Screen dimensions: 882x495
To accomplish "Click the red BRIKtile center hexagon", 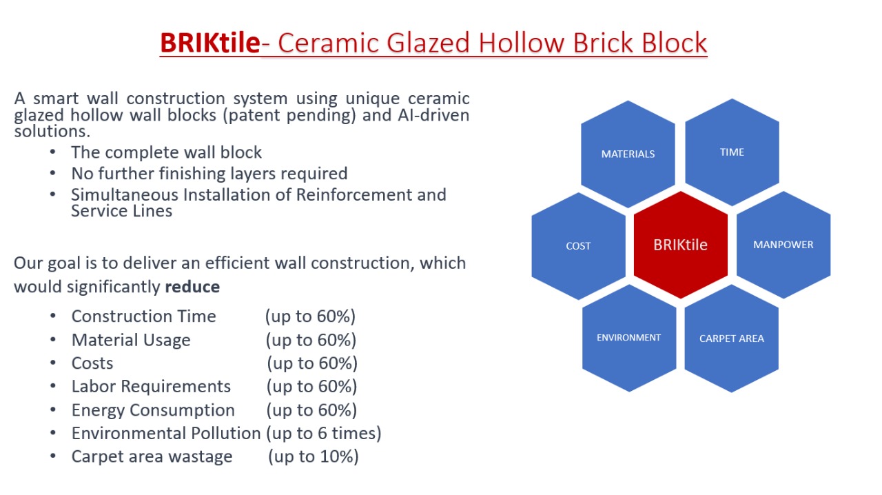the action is point(680,245).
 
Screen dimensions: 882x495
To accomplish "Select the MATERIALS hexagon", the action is point(628,154).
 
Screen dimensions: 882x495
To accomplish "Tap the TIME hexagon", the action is point(732,152).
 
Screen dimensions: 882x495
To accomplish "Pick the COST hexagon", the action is point(578,246).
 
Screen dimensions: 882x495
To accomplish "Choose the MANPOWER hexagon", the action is point(783,245).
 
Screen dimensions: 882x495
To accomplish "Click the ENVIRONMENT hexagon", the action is point(629,338).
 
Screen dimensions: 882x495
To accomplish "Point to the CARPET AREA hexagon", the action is point(732,339).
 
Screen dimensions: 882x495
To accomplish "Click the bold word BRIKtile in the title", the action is point(210,43).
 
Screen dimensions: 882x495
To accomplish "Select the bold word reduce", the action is point(192,287).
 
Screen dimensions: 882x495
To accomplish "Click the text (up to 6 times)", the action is point(324,434).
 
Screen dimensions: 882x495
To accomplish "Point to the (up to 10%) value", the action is point(314,457).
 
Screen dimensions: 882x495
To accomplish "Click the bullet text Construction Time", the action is point(144,316).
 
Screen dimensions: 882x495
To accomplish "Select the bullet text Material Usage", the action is point(131,340).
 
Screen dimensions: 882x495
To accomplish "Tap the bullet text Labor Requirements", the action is point(151,387).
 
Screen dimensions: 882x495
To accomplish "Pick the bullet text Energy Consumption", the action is point(153,410).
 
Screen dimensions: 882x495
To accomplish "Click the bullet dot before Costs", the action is point(53,363).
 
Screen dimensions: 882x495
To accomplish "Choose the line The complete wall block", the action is point(166,152).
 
